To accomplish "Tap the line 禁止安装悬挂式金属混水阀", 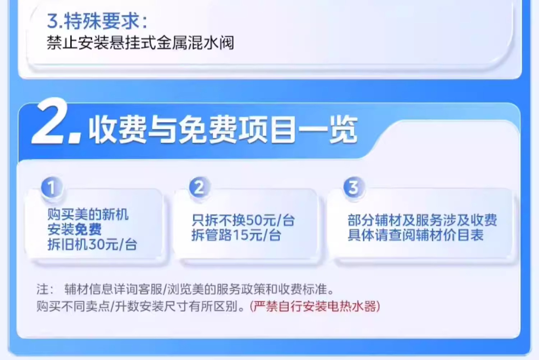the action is coord(140,43).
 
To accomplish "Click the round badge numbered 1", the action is coord(51,187).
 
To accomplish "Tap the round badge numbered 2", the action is coord(199,187).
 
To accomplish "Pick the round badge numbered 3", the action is coord(354,187).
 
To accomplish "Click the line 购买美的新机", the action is coord(88,214).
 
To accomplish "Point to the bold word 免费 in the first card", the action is coord(88,229).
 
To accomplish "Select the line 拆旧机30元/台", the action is coord(92,245).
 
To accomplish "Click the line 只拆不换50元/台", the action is coord(243,220).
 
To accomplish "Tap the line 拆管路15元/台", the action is coord(236,235).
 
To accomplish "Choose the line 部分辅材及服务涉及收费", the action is coord(422,220).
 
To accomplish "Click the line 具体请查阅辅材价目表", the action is coord(415,235).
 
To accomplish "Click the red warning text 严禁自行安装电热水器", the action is coord(315,306).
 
